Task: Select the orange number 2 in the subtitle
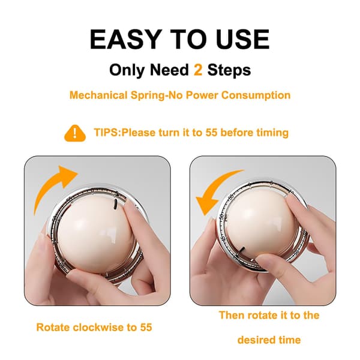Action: (198, 70)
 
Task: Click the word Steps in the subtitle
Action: (229, 70)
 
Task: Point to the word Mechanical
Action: (98, 95)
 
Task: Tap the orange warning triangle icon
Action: (75, 133)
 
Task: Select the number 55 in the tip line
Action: (211, 133)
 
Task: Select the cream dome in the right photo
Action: (259, 227)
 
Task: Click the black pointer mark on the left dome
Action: (115, 204)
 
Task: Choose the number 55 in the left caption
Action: (146, 328)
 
